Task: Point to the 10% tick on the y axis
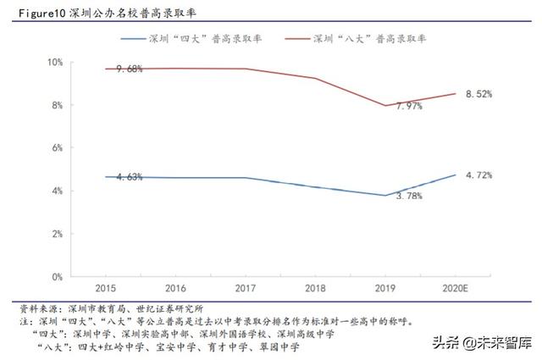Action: point(55,63)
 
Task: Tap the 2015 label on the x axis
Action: point(106,289)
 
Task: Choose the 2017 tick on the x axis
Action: point(246,289)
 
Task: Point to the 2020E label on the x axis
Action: point(456,289)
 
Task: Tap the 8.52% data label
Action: point(478,94)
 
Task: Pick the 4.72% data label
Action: point(478,175)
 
